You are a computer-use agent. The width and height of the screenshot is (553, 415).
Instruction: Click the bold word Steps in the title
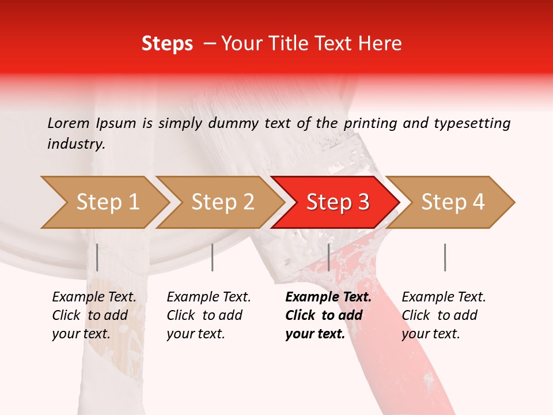pos(167,44)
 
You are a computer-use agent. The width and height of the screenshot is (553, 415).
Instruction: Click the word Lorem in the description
pos(69,123)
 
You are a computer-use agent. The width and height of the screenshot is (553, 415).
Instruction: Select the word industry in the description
pos(75,144)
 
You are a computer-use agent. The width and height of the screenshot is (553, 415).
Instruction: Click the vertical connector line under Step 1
pos(97,257)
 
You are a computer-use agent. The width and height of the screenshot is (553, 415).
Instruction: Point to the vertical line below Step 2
pos(213,257)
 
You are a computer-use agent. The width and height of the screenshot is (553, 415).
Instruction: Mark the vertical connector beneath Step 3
pos(328,257)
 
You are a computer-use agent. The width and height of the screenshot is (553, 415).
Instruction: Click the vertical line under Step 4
pos(445,257)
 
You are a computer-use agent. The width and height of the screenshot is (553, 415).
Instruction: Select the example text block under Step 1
pos(94,315)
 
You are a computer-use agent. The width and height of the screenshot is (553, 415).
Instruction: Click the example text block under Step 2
pos(209,315)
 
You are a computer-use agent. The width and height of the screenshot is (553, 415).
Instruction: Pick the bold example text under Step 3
pos(328,315)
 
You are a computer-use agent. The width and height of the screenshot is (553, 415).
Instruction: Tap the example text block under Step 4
pos(444,315)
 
